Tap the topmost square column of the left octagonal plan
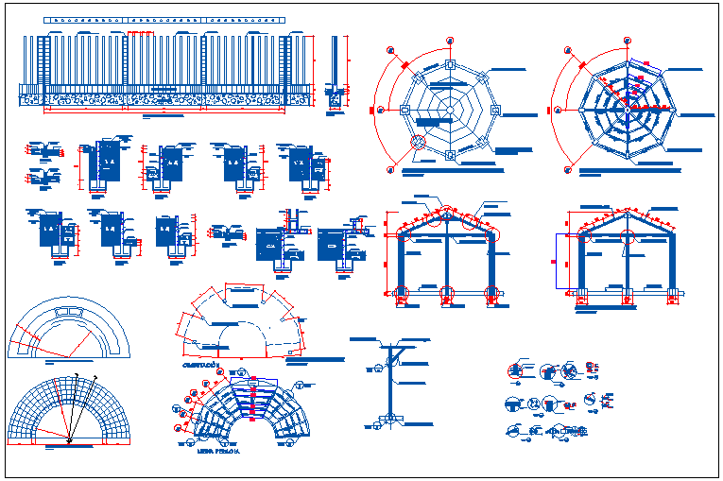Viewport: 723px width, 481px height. coord(450,65)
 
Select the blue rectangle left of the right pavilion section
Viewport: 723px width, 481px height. coord(559,260)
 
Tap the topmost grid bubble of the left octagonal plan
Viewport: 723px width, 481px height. coord(450,42)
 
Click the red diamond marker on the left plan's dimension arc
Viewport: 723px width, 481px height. coord(404,65)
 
